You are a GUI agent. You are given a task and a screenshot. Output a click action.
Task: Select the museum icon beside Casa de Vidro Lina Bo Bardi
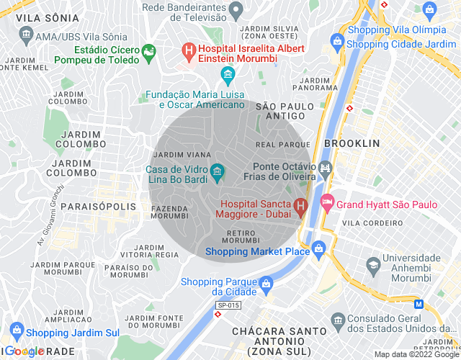(217, 171)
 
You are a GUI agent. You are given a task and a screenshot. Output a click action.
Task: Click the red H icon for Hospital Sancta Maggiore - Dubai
(301, 206)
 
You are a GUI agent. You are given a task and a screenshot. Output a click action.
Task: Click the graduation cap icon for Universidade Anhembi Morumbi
(373, 265)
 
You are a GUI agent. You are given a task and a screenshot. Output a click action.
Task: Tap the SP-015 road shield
(228, 306)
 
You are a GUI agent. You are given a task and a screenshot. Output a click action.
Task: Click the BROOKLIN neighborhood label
(352, 143)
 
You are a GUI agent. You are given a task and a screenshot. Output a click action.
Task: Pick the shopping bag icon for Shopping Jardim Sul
(15, 333)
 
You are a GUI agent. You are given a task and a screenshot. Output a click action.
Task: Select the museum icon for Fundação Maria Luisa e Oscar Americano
(228, 74)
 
